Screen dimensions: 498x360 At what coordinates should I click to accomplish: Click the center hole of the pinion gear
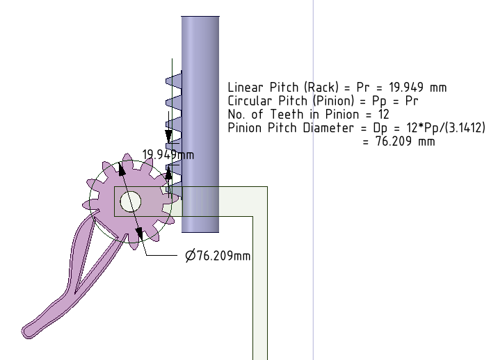(131, 202)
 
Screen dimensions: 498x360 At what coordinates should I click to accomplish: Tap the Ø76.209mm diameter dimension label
(218, 256)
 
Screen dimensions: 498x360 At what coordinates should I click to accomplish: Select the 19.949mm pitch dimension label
(168, 154)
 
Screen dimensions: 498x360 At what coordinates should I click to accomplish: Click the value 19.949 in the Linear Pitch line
(406, 87)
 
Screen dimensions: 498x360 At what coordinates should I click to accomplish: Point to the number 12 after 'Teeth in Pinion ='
(384, 114)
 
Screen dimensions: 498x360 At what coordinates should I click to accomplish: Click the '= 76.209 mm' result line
(399, 141)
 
